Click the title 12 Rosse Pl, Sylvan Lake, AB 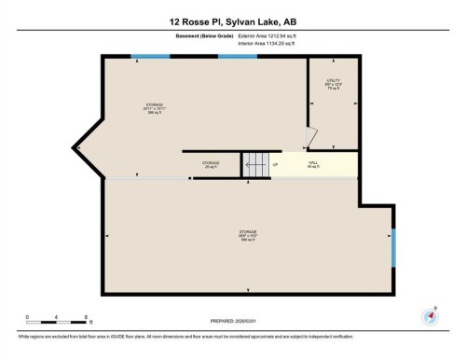[232, 21]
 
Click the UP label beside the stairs [275, 165]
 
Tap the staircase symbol [254, 164]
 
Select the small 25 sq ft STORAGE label [212, 165]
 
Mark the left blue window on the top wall [149, 57]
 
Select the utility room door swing [314, 138]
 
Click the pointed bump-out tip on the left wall [78, 147]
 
